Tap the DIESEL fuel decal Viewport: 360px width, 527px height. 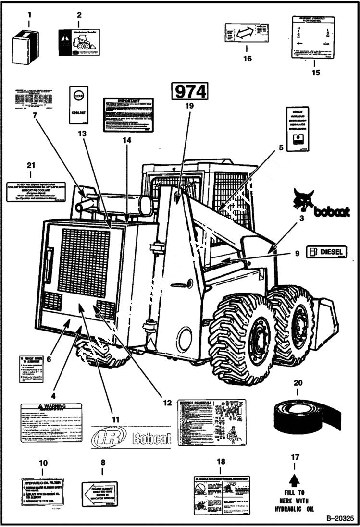tap(326, 252)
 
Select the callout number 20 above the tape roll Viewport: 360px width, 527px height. tap(298, 383)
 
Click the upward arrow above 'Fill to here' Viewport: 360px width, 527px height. tap(295, 479)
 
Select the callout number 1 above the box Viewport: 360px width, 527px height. tap(28, 15)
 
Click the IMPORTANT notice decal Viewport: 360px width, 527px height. tap(128, 115)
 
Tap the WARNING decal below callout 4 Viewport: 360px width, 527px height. tap(51, 423)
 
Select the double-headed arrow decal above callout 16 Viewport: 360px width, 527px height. tap(247, 33)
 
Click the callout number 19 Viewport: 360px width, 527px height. tap(188, 104)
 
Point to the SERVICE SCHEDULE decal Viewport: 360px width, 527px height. tap(211, 422)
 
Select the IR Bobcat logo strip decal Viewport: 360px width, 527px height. tap(131, 437)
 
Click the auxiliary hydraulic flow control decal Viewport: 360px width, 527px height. tap(312, 37)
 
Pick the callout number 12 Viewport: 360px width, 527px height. tap(167, 403)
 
